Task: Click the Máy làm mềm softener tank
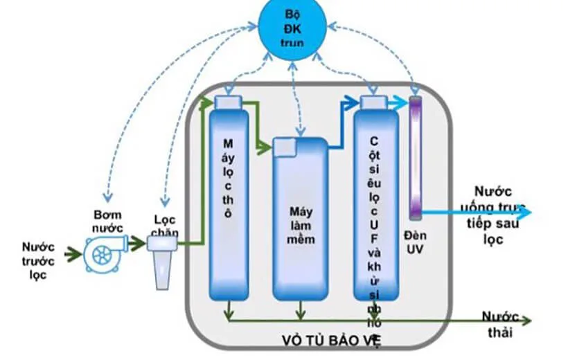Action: (300, 222)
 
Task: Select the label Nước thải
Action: (500, 325)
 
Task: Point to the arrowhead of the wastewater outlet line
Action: (526, 321)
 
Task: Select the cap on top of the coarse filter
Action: (227, 102)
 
